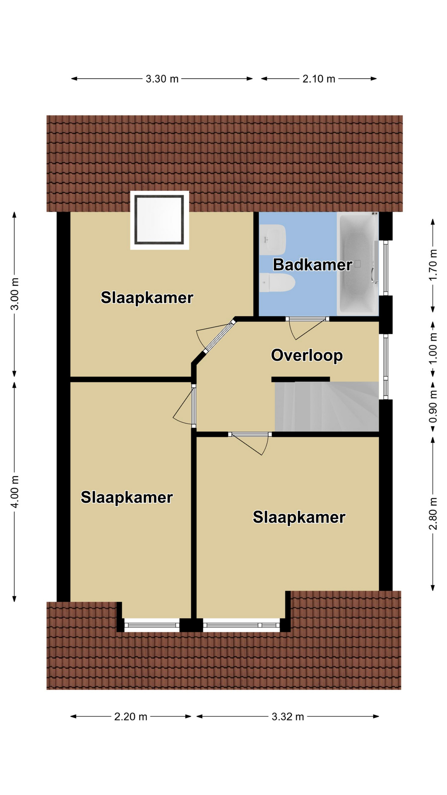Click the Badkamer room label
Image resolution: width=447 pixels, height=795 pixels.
point(312,265)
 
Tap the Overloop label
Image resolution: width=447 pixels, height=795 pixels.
point(307,355)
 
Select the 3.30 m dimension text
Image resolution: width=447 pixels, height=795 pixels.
point(162,79)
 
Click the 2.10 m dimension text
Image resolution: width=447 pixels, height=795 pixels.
point(319,79)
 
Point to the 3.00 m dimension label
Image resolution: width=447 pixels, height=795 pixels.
point(15,294)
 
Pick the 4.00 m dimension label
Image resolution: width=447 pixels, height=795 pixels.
point(15,491)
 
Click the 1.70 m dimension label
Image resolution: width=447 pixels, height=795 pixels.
point(433,265)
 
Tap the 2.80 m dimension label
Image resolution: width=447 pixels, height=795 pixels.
point(433,514)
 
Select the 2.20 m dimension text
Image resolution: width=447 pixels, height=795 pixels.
point(131,717)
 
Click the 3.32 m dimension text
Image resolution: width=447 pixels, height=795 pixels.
point(288,717)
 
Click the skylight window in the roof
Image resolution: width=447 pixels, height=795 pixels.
point(160,220)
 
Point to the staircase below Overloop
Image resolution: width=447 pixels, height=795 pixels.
point(327,407)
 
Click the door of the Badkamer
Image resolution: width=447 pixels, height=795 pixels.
point(307,329)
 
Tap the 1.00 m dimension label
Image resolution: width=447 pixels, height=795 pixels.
point(433,349)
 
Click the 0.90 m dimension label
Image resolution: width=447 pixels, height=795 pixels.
point(433,407)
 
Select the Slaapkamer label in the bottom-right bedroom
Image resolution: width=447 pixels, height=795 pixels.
point(299,517)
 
